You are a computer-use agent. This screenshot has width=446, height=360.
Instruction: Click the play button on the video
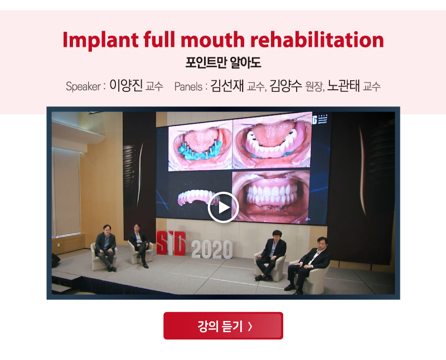pyautogui.click(x=224, y=207)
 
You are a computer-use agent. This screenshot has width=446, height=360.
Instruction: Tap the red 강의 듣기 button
pyautogui.click(x=224, y=325)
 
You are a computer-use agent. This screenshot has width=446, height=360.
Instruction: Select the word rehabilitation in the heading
pyautogui.click(x=317, y=39)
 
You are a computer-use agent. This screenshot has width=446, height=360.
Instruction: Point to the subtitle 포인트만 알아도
pyautogui.click(x=224, y=62)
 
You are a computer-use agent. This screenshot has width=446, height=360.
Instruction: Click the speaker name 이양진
pyautogui.click(x=126, y=85)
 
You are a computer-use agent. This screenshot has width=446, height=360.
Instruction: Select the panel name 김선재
pyautogui.click(x=227, y=85)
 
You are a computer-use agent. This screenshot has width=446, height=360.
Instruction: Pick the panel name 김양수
pyautogui.click(x=285, y=85)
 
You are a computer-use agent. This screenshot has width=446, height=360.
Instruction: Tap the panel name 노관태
pyautogui.click(x=343, y=85)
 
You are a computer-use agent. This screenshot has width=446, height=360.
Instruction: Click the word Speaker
pyautogui.click(x=83, y=86)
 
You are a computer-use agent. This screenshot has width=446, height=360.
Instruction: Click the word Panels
pyautogui.click(x=188, y=86)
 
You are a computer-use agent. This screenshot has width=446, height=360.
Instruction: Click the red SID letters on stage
pyautogui.click(x=171, y=244)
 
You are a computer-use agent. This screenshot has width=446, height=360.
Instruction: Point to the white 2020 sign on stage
pyautogui.click(x=212, y=250)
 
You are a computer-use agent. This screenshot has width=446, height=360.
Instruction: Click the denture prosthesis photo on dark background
pyautogui.click(x=195, y=196)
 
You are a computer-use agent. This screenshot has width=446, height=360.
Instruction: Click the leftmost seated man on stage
pyautogui.click(x=106, y=247)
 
